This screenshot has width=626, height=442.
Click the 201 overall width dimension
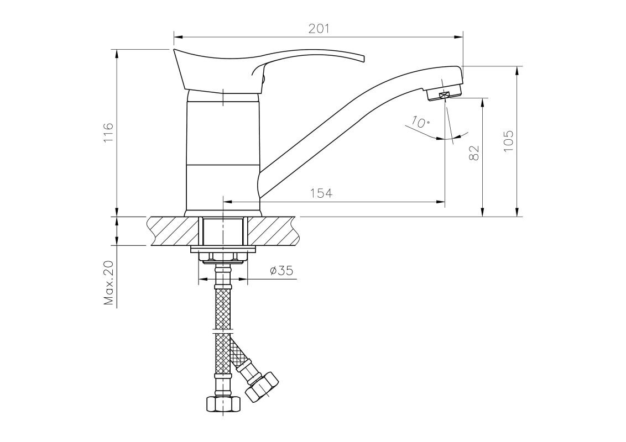319,29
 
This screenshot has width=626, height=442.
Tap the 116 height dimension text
108,133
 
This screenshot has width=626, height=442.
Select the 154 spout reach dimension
321,193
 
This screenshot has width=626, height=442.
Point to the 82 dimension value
474,152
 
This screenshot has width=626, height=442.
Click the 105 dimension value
508,141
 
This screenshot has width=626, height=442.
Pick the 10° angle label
419,121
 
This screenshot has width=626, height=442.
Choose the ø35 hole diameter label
281,271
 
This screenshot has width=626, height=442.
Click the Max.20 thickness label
109,283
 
